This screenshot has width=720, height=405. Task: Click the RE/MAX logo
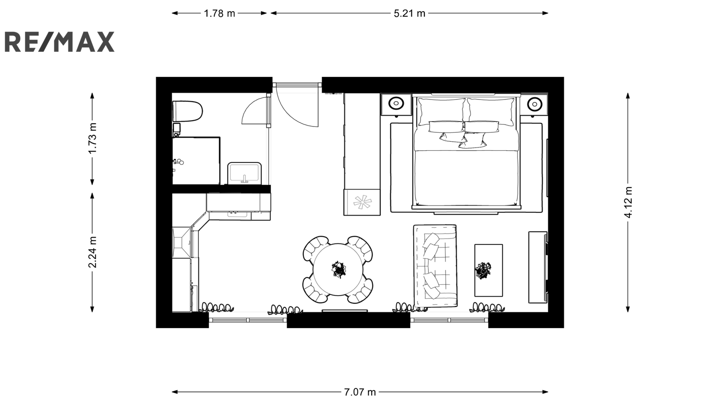[59, 42]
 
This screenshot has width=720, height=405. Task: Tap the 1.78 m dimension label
[220, 13]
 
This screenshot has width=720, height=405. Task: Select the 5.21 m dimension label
[409, 13]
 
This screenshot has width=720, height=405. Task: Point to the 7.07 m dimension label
[360, 392]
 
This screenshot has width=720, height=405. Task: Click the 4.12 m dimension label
[628, 202]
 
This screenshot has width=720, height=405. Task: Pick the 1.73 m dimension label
[93, 138]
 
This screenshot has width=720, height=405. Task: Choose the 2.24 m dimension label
[93, 252]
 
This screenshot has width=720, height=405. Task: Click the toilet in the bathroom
[187, 111]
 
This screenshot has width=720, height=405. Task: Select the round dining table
[338, 270]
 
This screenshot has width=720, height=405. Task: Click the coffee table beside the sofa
[489, 270]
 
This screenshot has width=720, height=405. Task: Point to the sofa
[435, 266]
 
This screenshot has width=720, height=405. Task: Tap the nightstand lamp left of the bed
[396, 103]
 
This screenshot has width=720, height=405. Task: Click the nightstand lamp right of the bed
[535, 104]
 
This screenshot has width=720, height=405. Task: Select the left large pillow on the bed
[441, 112]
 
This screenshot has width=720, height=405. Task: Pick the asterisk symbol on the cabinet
[363, 202]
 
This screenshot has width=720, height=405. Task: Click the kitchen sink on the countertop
[238, 214]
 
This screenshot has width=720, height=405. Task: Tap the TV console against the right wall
[538, 267]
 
